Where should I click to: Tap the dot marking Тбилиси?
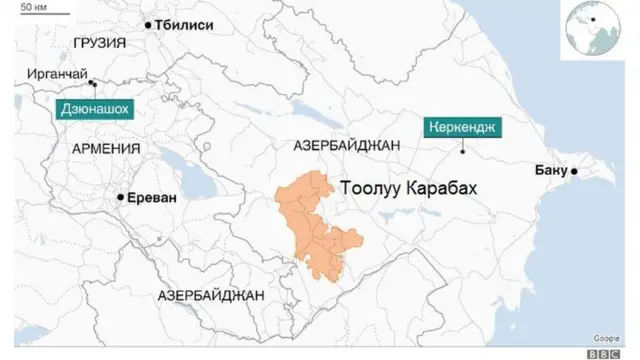tap(148, 24)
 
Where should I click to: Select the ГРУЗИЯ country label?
tap(100, 44)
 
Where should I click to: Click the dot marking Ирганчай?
tap(92, 83)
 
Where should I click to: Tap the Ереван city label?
tap(151, 198)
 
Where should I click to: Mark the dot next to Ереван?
tap(120, 198)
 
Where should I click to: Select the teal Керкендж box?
tap(465, 127)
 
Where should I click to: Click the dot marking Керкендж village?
tap(463, 152)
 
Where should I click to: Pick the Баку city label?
tap(551, 171)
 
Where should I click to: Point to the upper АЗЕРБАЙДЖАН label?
tap(348, 145)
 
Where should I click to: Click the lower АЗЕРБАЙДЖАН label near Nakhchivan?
tap(211, 296)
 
